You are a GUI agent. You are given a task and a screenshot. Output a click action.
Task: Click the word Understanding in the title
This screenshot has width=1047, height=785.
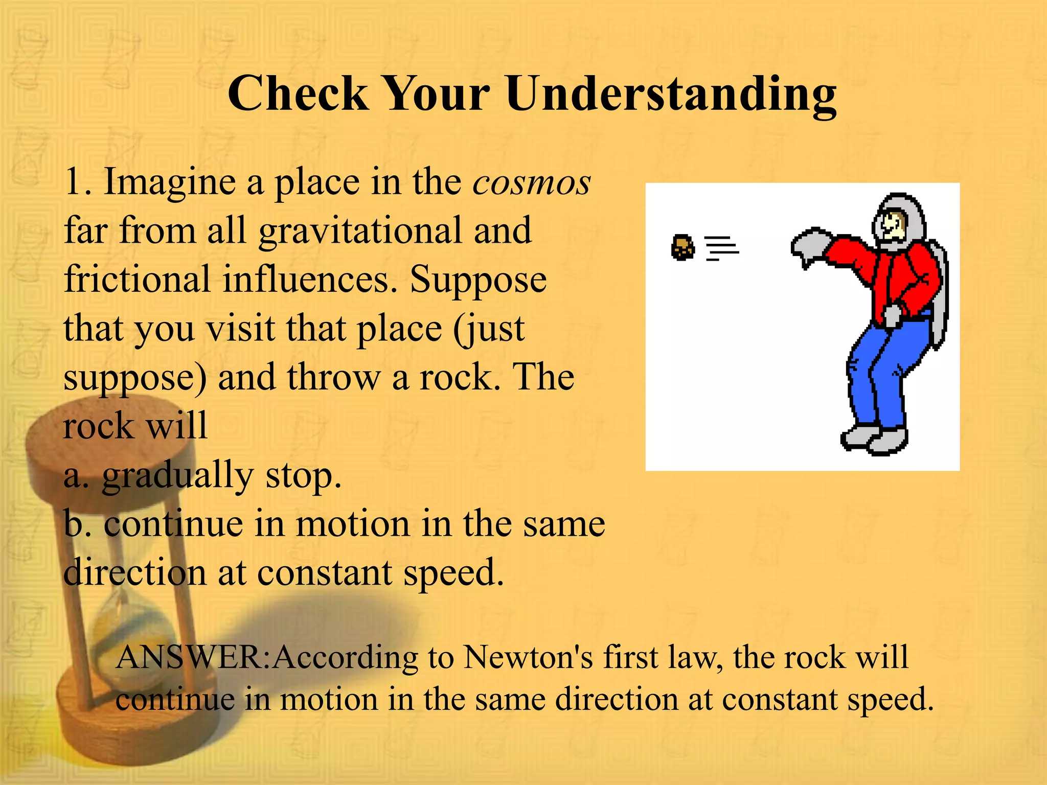pos(671,95)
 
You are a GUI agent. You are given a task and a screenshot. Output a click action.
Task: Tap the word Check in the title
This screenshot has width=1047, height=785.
pos(298,94)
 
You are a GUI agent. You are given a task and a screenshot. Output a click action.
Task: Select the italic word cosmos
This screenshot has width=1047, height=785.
pos(532,182)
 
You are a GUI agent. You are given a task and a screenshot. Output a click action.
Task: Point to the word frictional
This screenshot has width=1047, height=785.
pos(137,280)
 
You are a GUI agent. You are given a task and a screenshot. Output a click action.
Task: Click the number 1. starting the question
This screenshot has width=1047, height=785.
pos(78,182)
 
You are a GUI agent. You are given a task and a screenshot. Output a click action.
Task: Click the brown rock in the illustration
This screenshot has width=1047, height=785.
pos(682,248)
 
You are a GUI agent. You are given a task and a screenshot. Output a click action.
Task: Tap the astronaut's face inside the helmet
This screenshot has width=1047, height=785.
pos(893,225)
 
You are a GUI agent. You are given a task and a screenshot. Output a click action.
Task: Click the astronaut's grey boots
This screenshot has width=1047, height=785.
pos(874,438)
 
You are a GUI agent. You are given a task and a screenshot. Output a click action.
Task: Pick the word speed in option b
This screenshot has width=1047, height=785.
pos(452,573)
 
